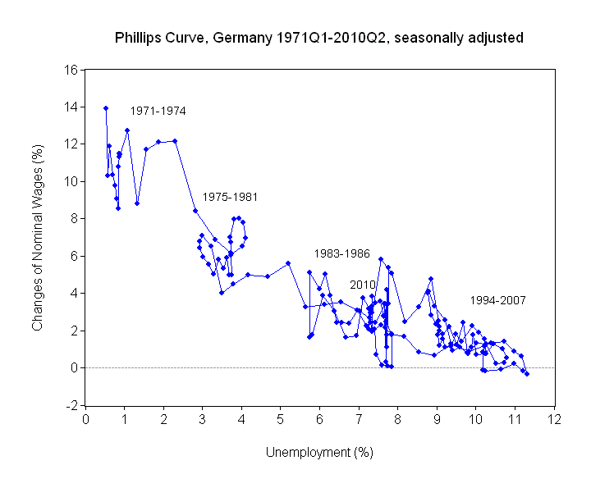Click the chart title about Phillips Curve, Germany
point(319,38)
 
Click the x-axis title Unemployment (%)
point(319,452)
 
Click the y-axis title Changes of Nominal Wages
point(37,237)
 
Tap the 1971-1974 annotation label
point(158,111)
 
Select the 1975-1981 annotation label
point(231,197)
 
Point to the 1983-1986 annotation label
point(341,253)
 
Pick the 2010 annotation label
point(363,285)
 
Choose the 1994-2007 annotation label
point(498,301)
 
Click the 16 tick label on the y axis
point(71,70)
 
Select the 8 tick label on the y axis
point(74,219)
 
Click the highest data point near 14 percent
point(106,107)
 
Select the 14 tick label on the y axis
point(71,107)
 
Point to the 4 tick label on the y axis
point(74,294)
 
